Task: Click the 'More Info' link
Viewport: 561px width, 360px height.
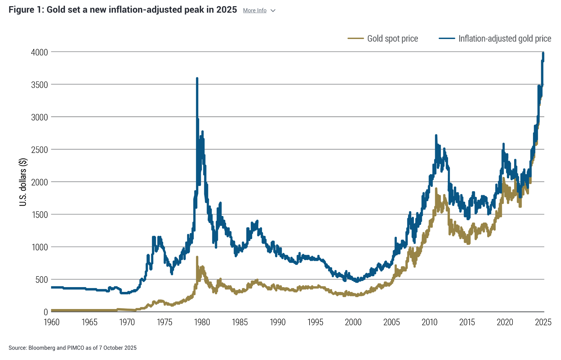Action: click(255, 11)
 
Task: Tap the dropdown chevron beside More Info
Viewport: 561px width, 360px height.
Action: click(273, 11)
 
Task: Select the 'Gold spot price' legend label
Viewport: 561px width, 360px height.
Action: click(392, 39)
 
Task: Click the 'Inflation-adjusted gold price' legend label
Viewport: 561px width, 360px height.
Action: click(505, 39)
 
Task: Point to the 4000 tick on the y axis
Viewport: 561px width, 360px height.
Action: click(39, 52)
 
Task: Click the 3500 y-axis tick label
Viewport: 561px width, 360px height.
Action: click(39, 85)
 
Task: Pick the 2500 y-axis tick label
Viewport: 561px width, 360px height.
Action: click(39, 150)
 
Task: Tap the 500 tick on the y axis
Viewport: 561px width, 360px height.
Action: click(41, 280)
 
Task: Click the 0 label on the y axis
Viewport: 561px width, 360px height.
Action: click(45, 312)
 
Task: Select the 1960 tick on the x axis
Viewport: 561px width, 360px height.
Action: click(52, 322)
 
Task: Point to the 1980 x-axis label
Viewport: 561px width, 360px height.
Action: click(202, 322)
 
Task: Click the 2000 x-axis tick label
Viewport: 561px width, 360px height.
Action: click(353, 322)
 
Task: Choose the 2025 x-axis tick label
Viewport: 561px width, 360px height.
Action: click(543, 322)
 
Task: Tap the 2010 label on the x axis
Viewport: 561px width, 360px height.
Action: click(429, 322)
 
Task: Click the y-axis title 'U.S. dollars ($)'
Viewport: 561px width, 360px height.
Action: click(23, 182)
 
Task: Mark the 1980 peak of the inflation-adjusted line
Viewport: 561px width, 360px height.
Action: click(197, 79)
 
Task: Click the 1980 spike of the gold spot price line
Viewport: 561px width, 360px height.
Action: click(197, 257)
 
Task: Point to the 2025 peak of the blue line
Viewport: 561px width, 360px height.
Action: click(543, 53)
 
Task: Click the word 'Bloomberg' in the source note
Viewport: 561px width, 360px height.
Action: click(42, 348)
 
